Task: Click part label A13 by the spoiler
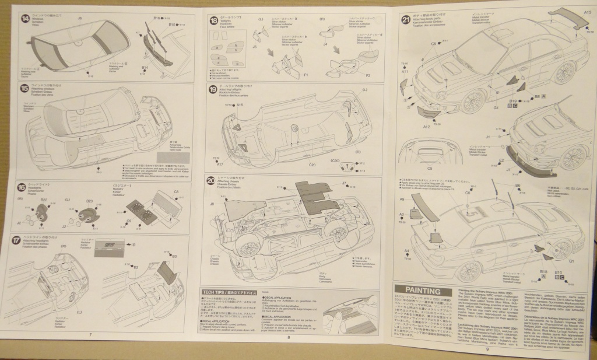pos(587,11)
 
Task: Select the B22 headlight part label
pos(43,200)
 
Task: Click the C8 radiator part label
pos(176,191)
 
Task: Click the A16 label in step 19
pos(240,104)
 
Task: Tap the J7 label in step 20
pos(344,183)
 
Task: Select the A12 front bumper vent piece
pos(431,111)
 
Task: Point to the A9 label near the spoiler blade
pos(402,200)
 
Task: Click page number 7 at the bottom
pos(90,334)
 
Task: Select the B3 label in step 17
pos(174,256)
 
